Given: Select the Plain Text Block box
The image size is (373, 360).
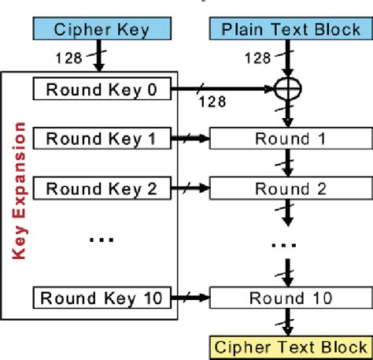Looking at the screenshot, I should click(289, 31).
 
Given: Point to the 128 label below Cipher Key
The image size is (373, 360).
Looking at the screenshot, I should click(67, 58).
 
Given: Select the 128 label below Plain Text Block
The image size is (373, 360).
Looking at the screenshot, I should click(260, 58).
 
